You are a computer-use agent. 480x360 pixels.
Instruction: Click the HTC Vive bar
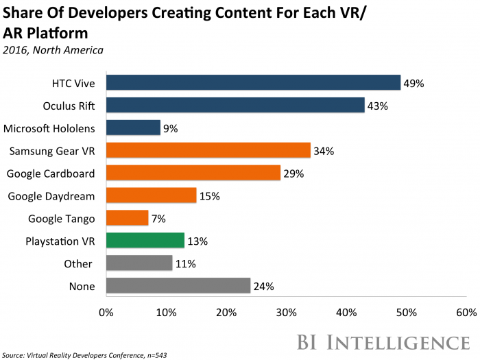252,83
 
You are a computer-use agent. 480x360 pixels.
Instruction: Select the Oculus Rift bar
235,106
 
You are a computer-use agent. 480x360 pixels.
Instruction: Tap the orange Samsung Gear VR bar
208,150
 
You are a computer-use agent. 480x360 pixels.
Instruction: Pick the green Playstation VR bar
145,241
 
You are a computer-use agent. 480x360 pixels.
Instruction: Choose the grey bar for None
178,286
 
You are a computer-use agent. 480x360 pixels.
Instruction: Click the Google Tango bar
126,218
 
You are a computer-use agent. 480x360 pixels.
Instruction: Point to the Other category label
80,263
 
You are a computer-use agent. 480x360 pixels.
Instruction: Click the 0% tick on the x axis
106,313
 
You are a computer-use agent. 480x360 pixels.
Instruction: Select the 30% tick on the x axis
286,313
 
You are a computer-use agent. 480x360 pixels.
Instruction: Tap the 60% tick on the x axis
466,313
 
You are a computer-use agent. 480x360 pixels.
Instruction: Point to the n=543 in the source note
154,355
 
